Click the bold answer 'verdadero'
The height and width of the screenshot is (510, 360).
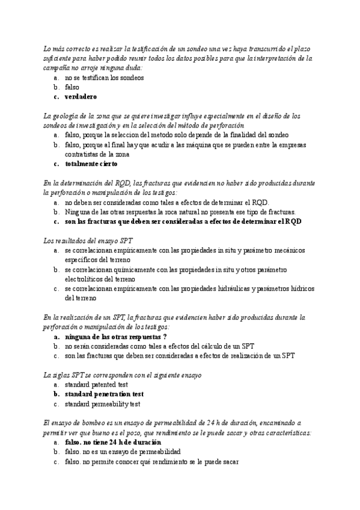coord(81,96)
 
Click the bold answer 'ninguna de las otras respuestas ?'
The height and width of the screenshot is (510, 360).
coord(115,337)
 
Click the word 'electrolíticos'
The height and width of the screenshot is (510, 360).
coord(89,279)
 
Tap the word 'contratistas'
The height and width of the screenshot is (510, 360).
coord(84,154)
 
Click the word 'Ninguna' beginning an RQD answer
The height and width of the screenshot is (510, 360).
coord(78,212)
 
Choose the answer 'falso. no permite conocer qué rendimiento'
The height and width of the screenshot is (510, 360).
coord(151,461)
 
